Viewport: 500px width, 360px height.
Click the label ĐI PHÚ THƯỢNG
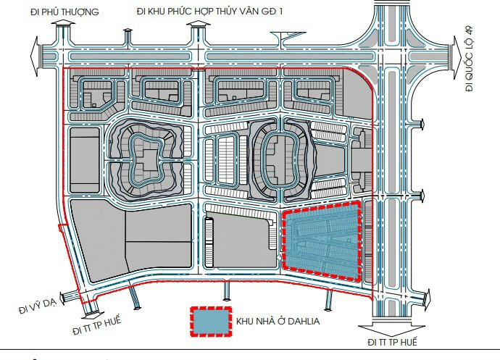[x=64, y=12]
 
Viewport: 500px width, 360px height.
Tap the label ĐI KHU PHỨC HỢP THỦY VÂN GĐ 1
[x=210, y=12]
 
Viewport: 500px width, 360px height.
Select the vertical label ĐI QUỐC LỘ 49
[x=469, y=59]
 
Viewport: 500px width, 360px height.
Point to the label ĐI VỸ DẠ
[x=38, y=306]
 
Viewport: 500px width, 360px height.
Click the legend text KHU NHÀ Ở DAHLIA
[x=278, y=321]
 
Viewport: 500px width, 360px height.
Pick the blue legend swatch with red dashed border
[x=211, y=322]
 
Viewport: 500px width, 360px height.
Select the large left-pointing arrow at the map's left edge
[x=35, y=56]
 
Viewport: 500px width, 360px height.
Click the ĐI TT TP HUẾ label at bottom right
[x=392, y=342]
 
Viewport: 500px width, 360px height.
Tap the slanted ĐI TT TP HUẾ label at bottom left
[x=97, y=325]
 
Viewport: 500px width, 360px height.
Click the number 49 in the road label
[x=469, y=32]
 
